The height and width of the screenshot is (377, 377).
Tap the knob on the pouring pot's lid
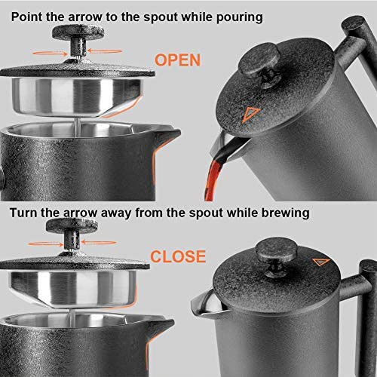click(x=265, y=77)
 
